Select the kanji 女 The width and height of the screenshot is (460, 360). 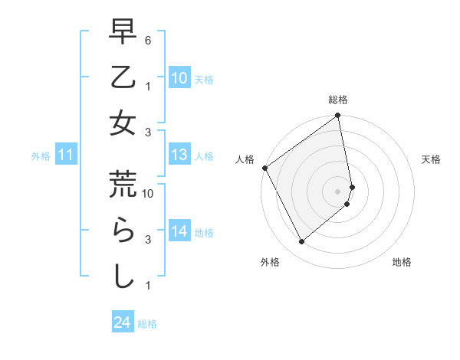[x=123, y=123]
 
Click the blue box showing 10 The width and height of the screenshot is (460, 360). [x=179, y=77]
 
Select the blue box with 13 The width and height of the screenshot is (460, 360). [x=179, y=155]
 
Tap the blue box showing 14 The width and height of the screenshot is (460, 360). [x=179, y=231]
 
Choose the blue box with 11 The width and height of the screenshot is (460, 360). [x=66, y=155]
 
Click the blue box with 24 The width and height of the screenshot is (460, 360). [x=121, y=323]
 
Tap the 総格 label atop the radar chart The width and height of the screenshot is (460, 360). [x=338, y=100]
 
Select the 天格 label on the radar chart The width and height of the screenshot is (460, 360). [x=431, y=159]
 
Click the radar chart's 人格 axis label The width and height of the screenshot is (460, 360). [x=245, y=159]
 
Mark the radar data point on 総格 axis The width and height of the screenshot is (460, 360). [x=338, y=116]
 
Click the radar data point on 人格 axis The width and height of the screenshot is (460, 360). [x=264, y=168]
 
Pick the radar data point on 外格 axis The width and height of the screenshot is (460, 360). [x=301, y=242]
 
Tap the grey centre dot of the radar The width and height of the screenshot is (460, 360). [x=338, y=191]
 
